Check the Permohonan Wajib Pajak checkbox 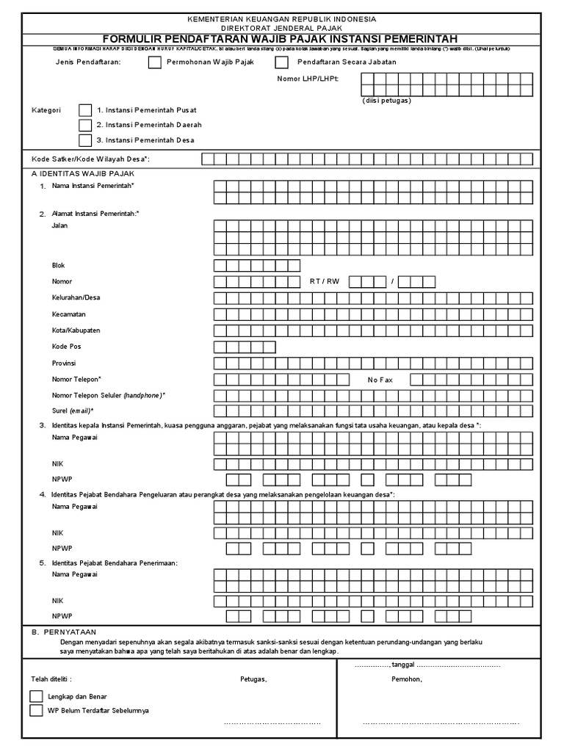click(154, 62)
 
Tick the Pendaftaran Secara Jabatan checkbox click(281, 62)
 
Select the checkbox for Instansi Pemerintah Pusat click(86, 110)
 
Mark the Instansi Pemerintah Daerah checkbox click(86, 125)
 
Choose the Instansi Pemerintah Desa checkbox click(86, 140)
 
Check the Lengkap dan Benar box click(36, 695)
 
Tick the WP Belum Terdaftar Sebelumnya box click(36, 711)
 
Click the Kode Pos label click(67, 347)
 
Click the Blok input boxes click(257, 265)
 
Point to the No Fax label click(381, 380)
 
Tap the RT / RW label click(325, 281)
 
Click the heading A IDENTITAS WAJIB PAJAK click(82, 173)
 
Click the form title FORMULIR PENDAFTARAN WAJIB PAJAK click(280, 38)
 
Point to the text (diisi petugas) click(386, 100)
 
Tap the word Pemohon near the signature click(407, 679)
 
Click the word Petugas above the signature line click(253, 679)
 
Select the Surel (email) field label click(73, 411)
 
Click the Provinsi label click(64, 364)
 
